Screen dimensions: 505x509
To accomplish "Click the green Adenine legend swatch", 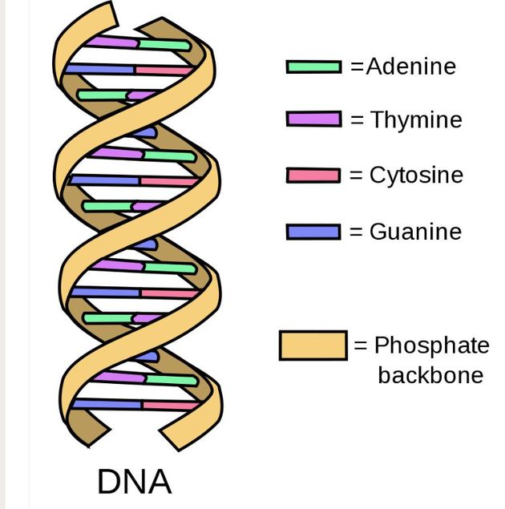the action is coord(313,67).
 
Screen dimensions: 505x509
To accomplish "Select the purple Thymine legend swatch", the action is coord(313,119).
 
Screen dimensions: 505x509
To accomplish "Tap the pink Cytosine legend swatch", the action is coord(313,176).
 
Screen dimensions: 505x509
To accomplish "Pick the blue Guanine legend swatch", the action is coord(313,232).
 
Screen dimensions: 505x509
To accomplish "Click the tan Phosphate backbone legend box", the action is coord(313,345).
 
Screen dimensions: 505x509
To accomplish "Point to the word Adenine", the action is coord(411,67).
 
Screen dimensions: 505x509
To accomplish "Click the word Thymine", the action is coord(416,119).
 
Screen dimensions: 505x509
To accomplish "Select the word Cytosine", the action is coord(416,176).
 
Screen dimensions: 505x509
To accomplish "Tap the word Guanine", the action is coord(415,232).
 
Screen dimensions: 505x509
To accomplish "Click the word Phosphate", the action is coord(431,345).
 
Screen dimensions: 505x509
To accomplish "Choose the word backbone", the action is coord(430,375).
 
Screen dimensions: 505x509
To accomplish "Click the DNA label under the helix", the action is coord(135,482).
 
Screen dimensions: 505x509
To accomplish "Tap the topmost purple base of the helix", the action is coord(112,42).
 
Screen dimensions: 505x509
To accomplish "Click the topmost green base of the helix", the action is coord(164,45).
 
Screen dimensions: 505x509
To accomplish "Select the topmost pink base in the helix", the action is coord(164,71).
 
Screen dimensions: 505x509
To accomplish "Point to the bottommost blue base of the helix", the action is coord(107,404).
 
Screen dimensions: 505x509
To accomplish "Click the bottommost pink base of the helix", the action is coord(171,406).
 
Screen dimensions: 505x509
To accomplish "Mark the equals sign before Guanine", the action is coord(356,232).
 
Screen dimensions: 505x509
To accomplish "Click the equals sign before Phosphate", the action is coord(360,345).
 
